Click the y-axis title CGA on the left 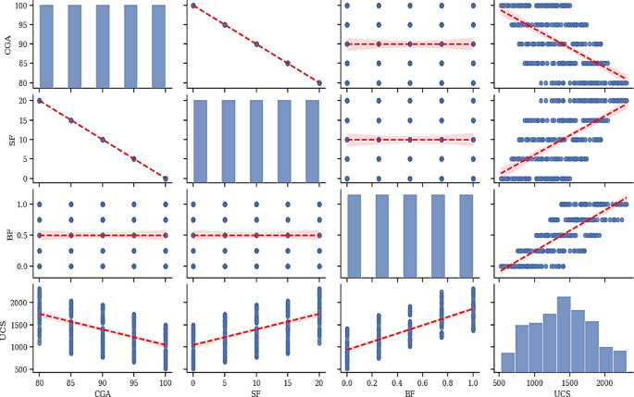coord(8,44)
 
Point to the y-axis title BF coord(8,235)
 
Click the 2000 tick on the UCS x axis coord(603,381)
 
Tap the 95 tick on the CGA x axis coord(134,381)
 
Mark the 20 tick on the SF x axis coord(319,381)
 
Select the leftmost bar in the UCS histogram coord(507,362)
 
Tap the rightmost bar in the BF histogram coord(466,235)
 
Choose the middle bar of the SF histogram coord(255,141)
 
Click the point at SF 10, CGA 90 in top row coord(256,43)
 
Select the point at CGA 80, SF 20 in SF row coord(40,100)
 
